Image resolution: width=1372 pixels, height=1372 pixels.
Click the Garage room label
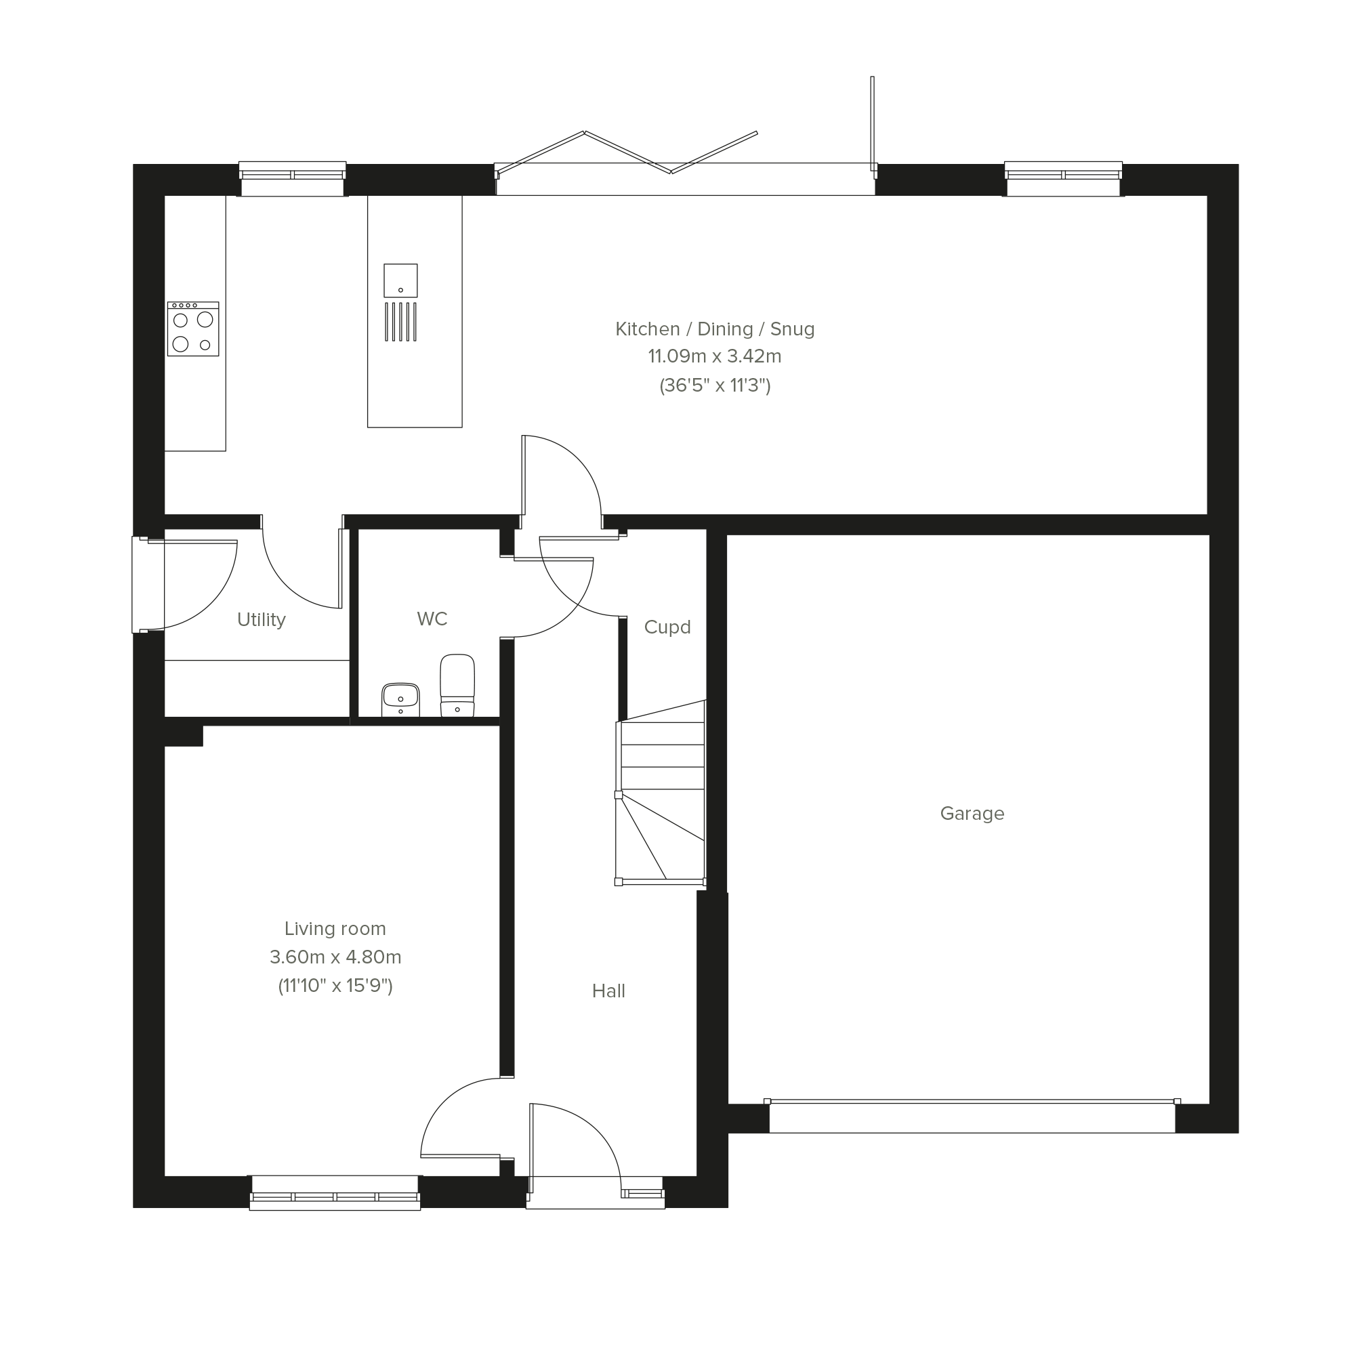[972, 814]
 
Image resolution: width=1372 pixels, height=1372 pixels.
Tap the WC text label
[432, 619]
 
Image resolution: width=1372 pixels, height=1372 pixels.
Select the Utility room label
[262, 620]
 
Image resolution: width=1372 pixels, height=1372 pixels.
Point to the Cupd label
[667, 627]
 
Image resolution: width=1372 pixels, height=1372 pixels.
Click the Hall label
[608, 991]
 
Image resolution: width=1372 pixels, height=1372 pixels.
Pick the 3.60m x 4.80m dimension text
[335, 957]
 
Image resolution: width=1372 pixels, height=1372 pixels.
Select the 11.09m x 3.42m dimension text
[714, 356]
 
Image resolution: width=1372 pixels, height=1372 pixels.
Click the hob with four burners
[193, 329]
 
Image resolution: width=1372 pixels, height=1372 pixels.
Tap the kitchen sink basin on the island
[400, 280]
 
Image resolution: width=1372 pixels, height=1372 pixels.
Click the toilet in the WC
[457, 685]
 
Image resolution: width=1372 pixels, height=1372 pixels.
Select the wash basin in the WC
[400, 700]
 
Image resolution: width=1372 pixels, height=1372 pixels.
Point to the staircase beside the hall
[661, 793]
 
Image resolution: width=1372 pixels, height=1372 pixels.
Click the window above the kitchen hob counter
[292, 179]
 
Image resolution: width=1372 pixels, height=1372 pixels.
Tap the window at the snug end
[1063, 179]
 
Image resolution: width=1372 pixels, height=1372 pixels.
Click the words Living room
[335, 929]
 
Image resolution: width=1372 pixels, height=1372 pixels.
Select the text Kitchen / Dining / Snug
[714, 329]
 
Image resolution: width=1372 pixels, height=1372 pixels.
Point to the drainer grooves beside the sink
[400, 322]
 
